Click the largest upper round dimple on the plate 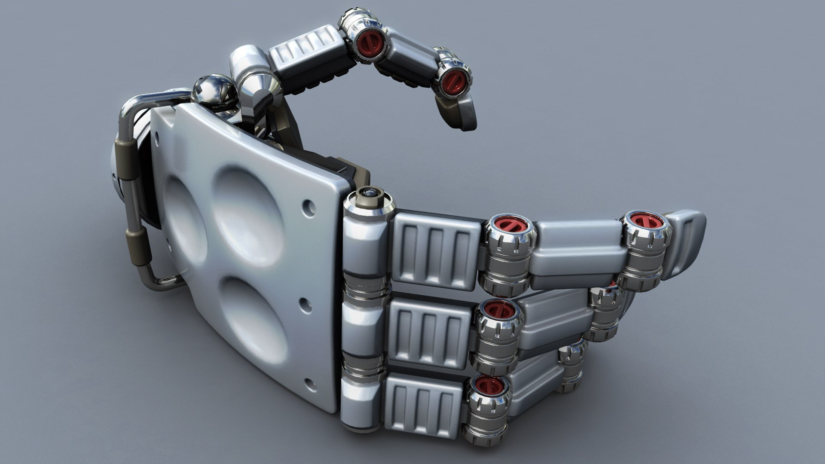(249, 206)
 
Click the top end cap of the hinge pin (369, 194)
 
